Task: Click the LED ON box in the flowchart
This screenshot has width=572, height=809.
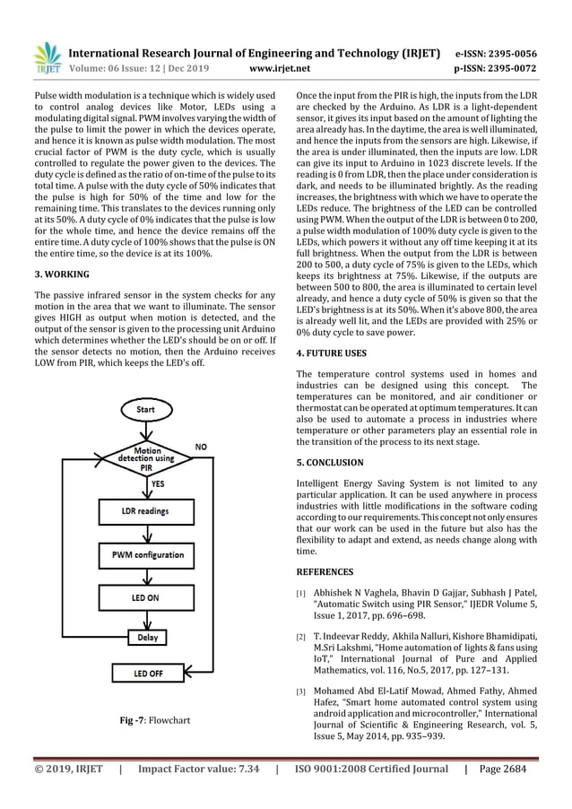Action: coord(146,597)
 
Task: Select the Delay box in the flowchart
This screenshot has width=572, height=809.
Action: coord(146,637)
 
